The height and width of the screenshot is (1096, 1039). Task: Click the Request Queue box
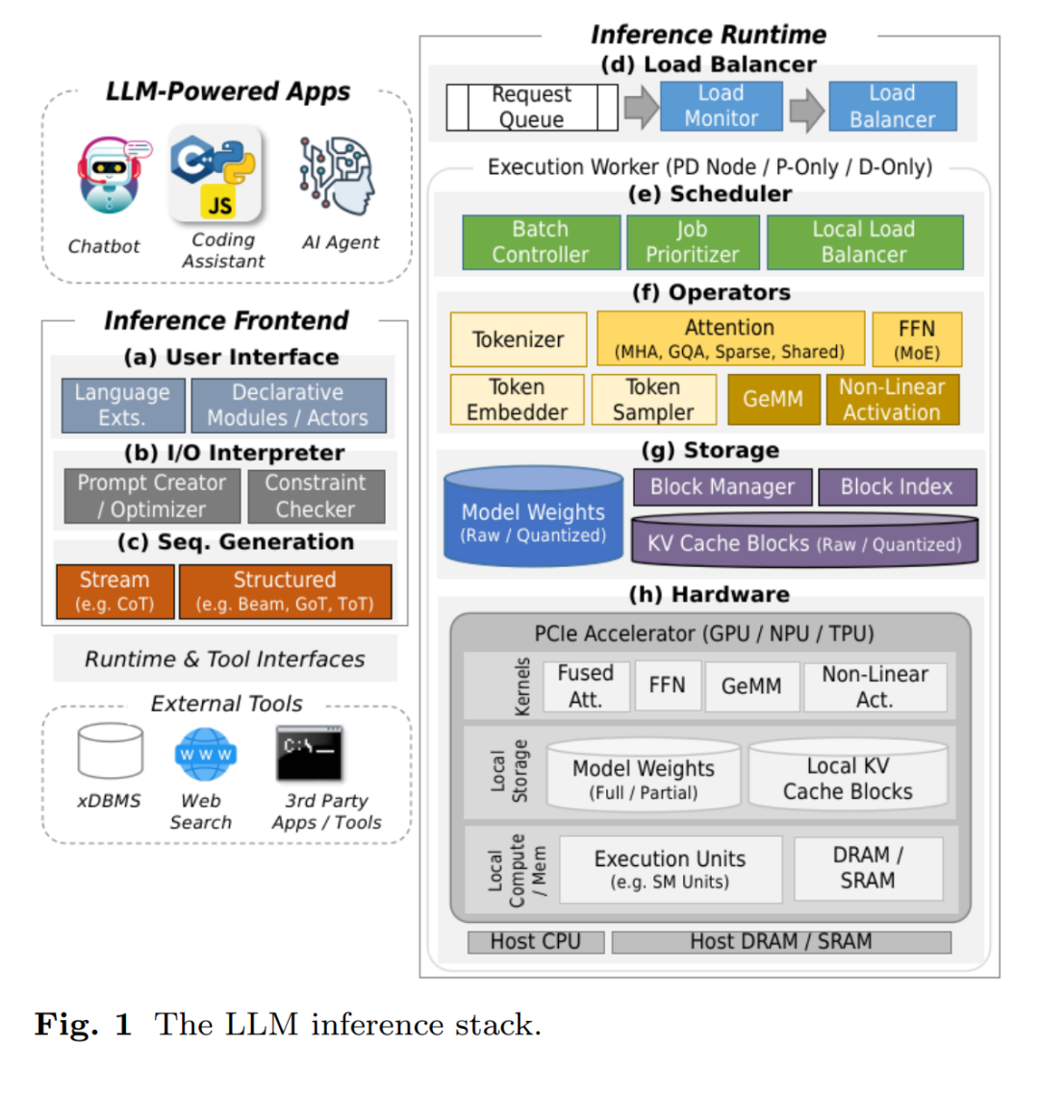click(x=532, y=107)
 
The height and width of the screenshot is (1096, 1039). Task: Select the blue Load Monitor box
click(x=722, y=107)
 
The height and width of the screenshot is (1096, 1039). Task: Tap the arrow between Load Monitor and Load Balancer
click(x=807, y=110)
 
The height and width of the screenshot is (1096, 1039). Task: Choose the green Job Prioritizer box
click(x=693, y=242)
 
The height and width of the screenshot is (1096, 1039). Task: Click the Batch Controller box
click(x=541, y=242)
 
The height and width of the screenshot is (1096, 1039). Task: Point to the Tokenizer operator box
click(x=519, y=339)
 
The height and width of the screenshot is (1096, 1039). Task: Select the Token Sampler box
click(x=653, y=399)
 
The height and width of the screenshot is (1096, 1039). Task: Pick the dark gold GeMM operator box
click(x=773, y=399)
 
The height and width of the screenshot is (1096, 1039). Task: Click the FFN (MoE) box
click(x=917, y=339)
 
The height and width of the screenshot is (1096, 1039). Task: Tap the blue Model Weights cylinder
click(x=533, y=516)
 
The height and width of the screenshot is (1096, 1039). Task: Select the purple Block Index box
click(x=897, y=486)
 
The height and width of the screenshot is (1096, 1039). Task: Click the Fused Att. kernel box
click(x=586, y=685)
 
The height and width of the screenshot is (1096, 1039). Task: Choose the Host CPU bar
click(x=536, y=941)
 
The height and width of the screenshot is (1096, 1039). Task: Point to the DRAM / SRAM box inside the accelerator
click(x=869, y=868)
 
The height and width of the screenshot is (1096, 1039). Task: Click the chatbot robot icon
click(x=112, y=175)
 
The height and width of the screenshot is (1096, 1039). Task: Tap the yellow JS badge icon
click(x=219, y=205)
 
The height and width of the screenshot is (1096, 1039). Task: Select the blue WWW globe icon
click(x=205, y=754)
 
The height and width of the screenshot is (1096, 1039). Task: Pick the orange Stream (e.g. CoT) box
click(x=114, y=591)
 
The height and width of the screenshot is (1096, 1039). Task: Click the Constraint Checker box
click(x=316, y=496)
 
